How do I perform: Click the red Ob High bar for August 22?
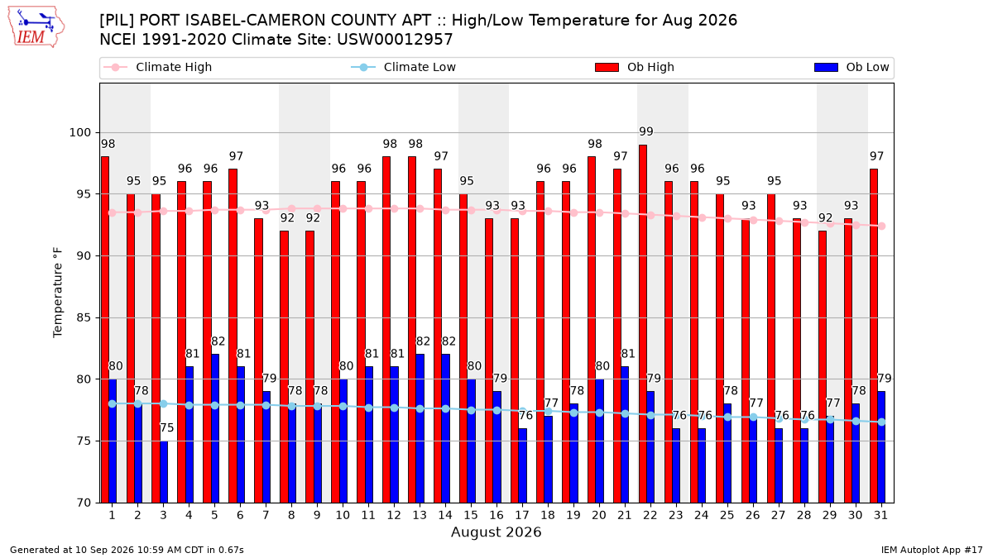(643, 324)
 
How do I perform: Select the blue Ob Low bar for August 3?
(164, 472)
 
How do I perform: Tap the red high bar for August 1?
(104, 330)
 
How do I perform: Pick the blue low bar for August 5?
(215, 428)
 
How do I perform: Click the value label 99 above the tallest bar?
(646, 131)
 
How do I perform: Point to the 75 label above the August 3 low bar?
(166, 428)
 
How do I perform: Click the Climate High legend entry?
(158, 67)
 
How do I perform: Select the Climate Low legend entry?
(404, 67)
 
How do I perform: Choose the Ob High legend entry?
(635, 67)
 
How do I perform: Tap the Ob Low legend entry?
(851, 67)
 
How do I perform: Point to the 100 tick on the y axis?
(79, 132)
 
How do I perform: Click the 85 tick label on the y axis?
(84, 317)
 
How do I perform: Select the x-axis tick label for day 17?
(522, 515)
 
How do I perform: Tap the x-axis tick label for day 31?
(880, 515)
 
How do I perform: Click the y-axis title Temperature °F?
(58, 293)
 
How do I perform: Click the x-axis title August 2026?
(496, 532)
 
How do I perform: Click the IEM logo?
(36, 27)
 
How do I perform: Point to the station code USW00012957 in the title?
(395, 40)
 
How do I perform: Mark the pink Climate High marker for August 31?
(882, 226)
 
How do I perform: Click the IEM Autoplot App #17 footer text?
(932, 550)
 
